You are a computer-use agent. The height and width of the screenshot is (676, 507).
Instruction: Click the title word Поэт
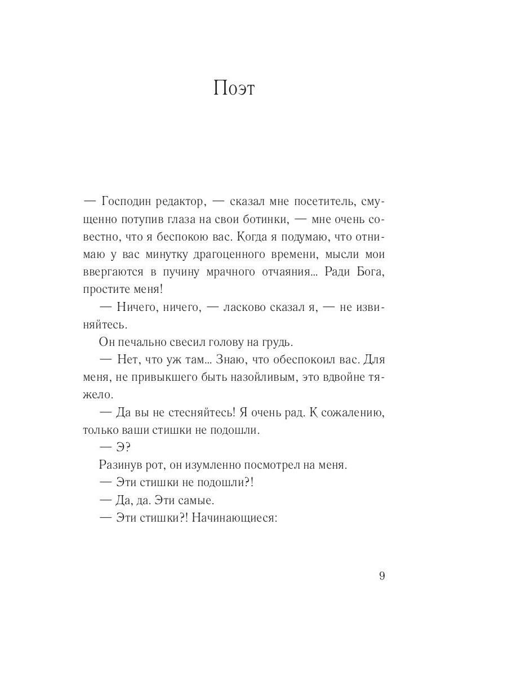click(x=234, y=89)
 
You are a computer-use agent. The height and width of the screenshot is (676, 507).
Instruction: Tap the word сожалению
click(x=349, y=412)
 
